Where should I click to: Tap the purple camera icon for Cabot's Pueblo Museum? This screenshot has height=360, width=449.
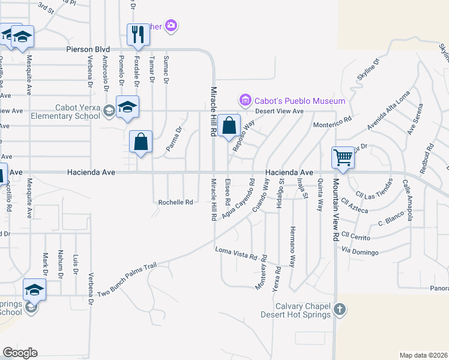[245, 100]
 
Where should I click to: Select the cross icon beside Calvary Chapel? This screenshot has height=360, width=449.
[340, 310]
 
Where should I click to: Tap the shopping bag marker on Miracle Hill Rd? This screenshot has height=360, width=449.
[229, 126]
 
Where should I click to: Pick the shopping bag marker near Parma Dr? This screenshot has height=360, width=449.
[140, 142]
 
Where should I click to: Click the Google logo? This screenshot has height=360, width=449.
[20, 353]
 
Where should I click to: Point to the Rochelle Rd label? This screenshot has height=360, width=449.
[175, 202]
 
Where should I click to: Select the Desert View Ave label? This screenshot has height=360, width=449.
[279, 111]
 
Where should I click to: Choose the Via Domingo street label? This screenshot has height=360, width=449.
[360, 251]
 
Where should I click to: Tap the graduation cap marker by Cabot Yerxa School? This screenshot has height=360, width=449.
[127, 107]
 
